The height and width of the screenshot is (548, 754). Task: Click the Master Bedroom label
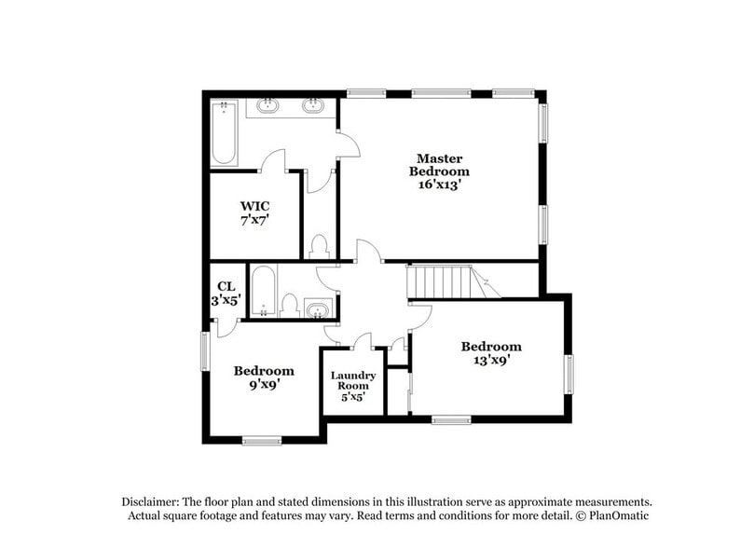click(440, 165)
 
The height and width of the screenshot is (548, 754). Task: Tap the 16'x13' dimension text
click(440, 185)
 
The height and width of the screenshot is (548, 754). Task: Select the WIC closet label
click(254, 206)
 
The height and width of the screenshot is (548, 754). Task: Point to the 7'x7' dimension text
click(254, 222)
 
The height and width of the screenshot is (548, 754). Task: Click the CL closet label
click(226, 287)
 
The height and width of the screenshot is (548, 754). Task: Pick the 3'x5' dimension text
click(226, 301)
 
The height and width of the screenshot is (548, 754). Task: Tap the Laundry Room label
click(353, 381)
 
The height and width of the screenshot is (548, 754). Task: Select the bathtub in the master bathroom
click(225, 134)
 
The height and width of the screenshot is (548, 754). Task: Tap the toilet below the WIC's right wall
click(319, 246)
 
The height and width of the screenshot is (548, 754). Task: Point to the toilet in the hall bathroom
click(290, 306)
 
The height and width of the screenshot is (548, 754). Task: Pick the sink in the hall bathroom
click(317, 308)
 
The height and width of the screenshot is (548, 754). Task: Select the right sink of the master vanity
click(313, 105)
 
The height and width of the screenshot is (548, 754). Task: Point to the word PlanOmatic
click(617, 515)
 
